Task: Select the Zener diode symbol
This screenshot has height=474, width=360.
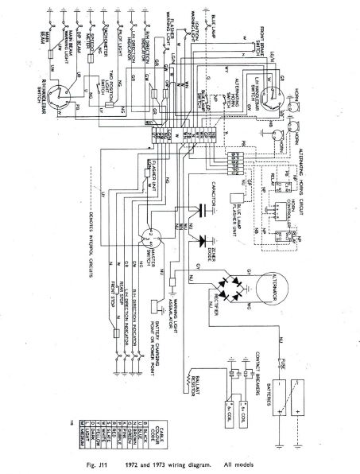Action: (208, 240)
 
